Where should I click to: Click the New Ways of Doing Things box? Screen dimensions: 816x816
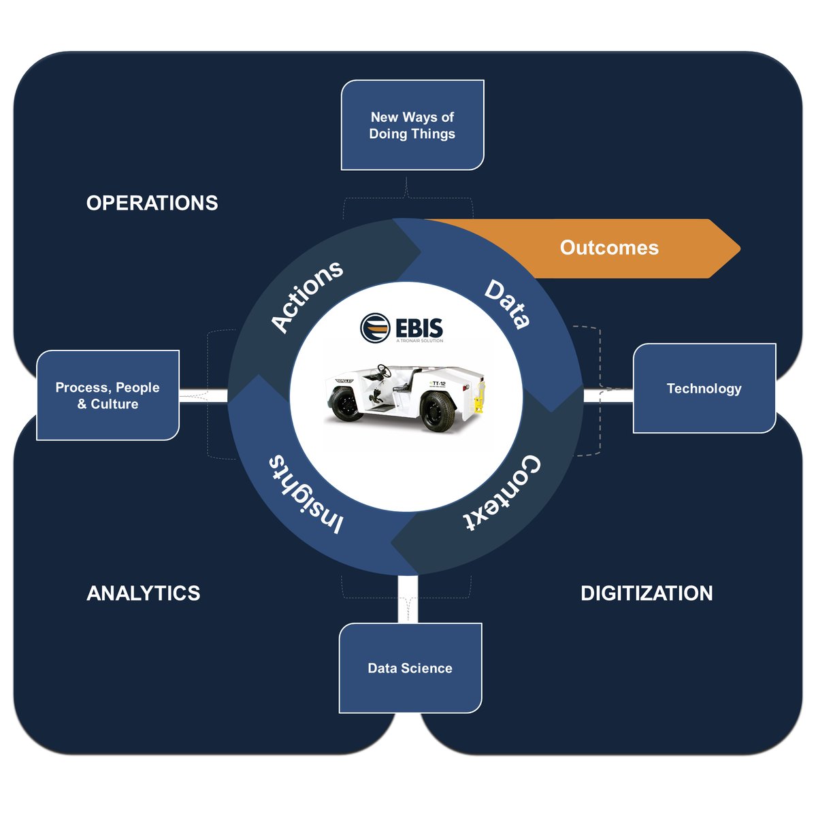pos(412,125)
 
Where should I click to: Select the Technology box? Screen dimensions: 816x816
pos(704,389)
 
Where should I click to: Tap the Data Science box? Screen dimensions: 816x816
pos(410,668)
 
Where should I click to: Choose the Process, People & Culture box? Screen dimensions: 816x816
pos(108,395)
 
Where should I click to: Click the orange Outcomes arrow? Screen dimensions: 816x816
pos(609,248)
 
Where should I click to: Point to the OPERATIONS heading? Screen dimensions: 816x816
pos(152,203)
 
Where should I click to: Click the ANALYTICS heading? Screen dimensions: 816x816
pos(144,593)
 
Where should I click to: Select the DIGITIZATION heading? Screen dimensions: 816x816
pos(647,593)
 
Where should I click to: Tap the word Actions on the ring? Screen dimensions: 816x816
pos(307,296)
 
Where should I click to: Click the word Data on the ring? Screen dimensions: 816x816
pos(508,304)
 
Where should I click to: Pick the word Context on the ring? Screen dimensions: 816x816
pos(504,493)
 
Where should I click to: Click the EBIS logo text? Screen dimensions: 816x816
pos(419,327)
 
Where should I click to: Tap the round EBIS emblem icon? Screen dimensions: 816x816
pos(375,328)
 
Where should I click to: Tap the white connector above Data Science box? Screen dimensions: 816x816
pos(408,599)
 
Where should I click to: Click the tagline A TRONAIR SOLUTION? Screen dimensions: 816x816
pos(419,341)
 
